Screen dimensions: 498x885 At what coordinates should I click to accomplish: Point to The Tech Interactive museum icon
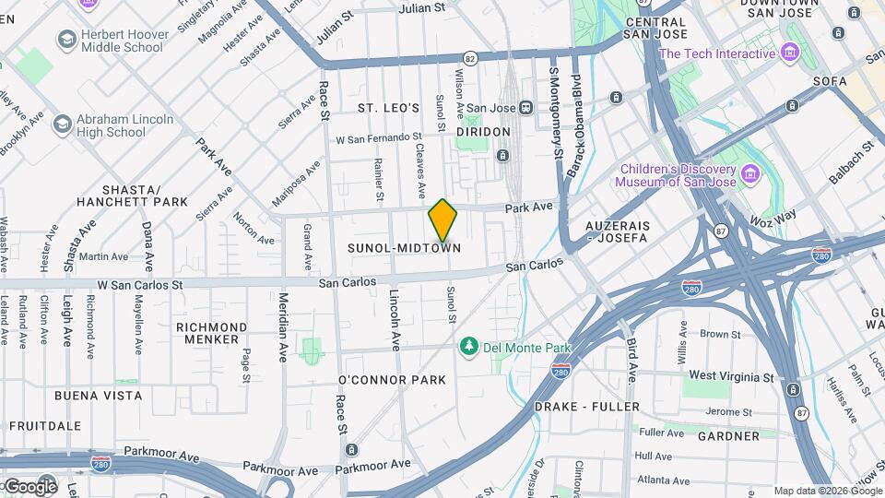[789, 53]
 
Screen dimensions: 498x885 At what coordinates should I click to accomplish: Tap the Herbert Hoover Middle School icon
[66, 40]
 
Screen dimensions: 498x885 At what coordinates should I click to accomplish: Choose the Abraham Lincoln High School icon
[62, 125]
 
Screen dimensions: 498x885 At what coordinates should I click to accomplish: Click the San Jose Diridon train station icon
[525, 107]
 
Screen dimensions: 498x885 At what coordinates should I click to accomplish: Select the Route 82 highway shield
[470, 57]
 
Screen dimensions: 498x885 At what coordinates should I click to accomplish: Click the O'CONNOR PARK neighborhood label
[392, 380]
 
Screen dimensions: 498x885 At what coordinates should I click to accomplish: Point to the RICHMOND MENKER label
[212, 333]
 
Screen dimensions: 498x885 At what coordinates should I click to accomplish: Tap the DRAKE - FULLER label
[587, 407]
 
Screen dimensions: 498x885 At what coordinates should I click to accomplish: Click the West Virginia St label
[731, 377]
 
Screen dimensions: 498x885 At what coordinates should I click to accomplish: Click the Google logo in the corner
[29, 486]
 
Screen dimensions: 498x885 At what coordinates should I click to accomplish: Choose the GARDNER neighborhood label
[727, 435]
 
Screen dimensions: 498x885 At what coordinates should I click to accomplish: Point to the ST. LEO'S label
[389, 108]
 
